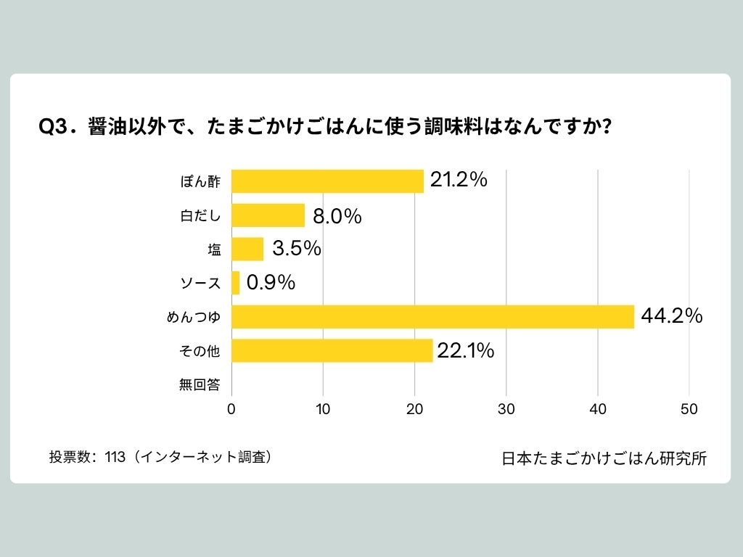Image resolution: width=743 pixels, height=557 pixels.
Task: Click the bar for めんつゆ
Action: [x=432, y=317]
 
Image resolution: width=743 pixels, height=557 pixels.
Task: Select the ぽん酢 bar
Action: [x=327, y=181]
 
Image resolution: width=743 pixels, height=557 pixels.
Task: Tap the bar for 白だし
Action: [x=268, y=215]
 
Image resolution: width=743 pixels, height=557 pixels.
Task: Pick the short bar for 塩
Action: [x=247, y=249]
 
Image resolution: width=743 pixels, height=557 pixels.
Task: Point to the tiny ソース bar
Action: [x=236, y=283]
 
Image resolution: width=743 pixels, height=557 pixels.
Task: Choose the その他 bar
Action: [x=332, y=351]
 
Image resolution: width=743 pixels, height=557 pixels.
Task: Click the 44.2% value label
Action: [x=672, y=316]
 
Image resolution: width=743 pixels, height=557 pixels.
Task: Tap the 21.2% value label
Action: [x=458, y=181]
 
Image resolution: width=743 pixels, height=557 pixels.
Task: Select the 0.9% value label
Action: [x=271, y=283]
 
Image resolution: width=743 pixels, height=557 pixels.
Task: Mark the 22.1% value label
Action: [x=465, y=351]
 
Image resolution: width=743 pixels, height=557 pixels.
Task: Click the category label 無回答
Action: [x=199, y=385]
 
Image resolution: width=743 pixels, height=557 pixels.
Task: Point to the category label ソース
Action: [x=200, y=284]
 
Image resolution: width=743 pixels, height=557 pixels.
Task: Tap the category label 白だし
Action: [x=200, y=216]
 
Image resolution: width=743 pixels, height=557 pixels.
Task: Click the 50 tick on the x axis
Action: [x=689, y=409]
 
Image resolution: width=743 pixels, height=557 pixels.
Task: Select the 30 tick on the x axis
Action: [x=506, y=409]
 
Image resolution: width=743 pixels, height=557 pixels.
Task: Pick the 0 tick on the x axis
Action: [x=231, y=409]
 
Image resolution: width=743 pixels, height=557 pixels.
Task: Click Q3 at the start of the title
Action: [x=53, y=127]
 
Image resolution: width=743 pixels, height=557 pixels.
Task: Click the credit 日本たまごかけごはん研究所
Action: [x=604, y=458]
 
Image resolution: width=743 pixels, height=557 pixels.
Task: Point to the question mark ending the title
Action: [x=605, y=127]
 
